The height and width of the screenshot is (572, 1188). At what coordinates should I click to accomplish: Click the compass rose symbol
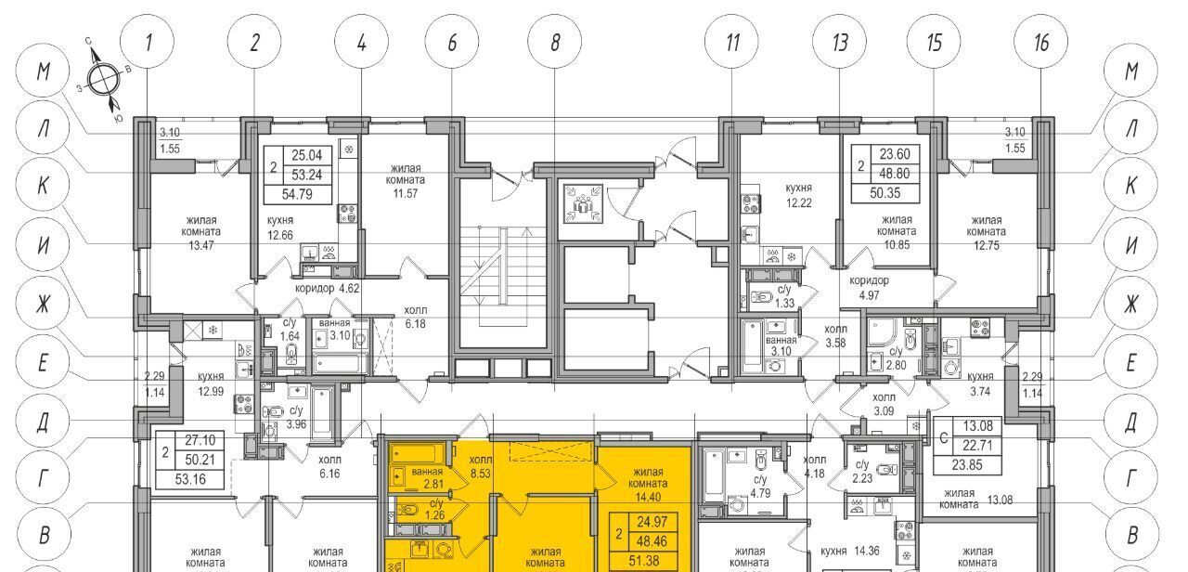click(x=102, y=80)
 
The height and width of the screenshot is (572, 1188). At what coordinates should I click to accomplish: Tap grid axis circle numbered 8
click(x=554, y=42)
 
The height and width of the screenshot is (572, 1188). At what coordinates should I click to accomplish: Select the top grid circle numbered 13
click(x=840, y=42)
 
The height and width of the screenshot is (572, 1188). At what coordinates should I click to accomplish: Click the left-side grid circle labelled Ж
click(x=44, y=304)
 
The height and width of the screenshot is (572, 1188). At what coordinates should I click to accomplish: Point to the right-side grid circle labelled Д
click(x=1131, y=422)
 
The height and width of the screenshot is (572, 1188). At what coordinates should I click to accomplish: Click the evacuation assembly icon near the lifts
click(x=582, y=202)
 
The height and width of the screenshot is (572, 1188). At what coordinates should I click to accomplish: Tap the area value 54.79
click(x=297, y=194)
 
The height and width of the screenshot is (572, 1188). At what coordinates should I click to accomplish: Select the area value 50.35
click(x=885, y=193)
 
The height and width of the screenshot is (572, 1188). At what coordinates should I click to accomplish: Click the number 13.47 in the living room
click(x=201, y=245)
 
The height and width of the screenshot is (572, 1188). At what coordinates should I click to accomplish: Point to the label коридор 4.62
click(x=328, y=289)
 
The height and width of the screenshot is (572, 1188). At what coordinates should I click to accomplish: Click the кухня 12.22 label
click(x=799, y=195)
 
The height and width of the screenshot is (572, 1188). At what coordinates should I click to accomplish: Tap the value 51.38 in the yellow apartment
click(x=644, y=561)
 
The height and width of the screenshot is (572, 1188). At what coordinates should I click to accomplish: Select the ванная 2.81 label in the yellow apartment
click(x=427, y=477)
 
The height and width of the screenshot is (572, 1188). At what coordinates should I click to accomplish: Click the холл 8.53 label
click(x=481, y=466)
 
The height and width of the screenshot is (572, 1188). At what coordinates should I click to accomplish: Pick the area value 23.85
click(x=967, y=465)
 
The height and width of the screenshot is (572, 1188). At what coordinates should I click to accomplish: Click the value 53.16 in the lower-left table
click(x=190, y=480)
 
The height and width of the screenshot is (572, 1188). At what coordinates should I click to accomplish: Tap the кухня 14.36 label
click(x=849, y=551)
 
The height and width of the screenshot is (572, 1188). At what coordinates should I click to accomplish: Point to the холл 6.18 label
click(x=415, y=317)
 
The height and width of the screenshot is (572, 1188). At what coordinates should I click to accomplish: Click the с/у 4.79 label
click(x=760, y=486)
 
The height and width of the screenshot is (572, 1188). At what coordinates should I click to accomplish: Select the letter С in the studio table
click(x=943, y=438)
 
